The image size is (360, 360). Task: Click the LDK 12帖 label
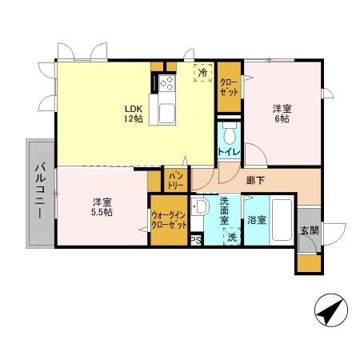pyautogui.click(x=134, y=114)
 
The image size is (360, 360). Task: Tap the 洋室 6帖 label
pyautogui.click(x=282, y=114)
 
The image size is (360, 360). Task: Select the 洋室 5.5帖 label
pyautogui.click(x=102, y=207)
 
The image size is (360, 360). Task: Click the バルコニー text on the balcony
pyautogui.click(x=40, y=192)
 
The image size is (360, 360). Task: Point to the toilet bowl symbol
pyautogui.click(x=230, y=134)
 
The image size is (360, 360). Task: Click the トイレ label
pyautogui.click(x=229, y=152)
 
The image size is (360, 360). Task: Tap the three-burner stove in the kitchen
pyautogui.click(x=167, y=82)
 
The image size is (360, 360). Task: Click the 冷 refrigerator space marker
pyautogui.click(x=203, y=72)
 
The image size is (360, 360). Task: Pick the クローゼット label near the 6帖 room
pyautogui.click(x=229, y=87)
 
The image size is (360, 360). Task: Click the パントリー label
pyautogui.click(x=176, y=181)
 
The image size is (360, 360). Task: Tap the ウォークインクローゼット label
pyautogui.click(x=169, y=220)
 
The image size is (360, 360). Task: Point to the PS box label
pyautogui.click(x=196, y=241)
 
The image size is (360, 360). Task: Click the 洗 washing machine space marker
pyautogui.click(x=232, y=237)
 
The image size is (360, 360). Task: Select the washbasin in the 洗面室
pyautogui.click(x=198, y=206)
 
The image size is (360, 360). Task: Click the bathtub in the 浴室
pyautogui.click(x=282, y=220)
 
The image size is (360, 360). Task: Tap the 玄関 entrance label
pyautogui.click(x=310, y=230)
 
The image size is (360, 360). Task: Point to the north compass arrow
pyautogui.click(x=331, y=310)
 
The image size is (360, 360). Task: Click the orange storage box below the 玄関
pyautogui.click(x=310, y=263)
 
